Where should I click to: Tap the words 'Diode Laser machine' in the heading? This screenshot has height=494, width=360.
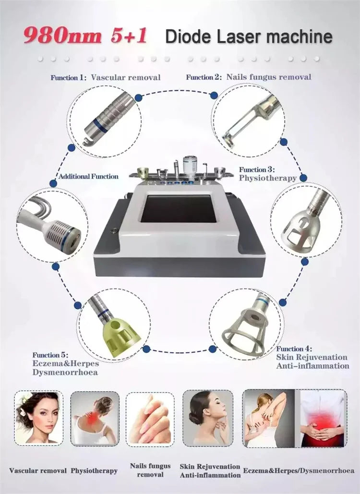tap(248, 37)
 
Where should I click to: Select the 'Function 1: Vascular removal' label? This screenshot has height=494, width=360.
tap(106, 77)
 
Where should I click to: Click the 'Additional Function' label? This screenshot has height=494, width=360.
tap(88, 177)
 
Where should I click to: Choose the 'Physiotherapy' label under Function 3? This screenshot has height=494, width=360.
tap(268, 178)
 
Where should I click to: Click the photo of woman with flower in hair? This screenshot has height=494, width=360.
tap(38, 417)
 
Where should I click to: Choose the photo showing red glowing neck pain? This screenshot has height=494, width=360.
tap(95, 417)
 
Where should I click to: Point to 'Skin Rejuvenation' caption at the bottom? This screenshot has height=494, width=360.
tap(210, 466)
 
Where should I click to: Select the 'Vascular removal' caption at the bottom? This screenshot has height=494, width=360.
tap(37, 470)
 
